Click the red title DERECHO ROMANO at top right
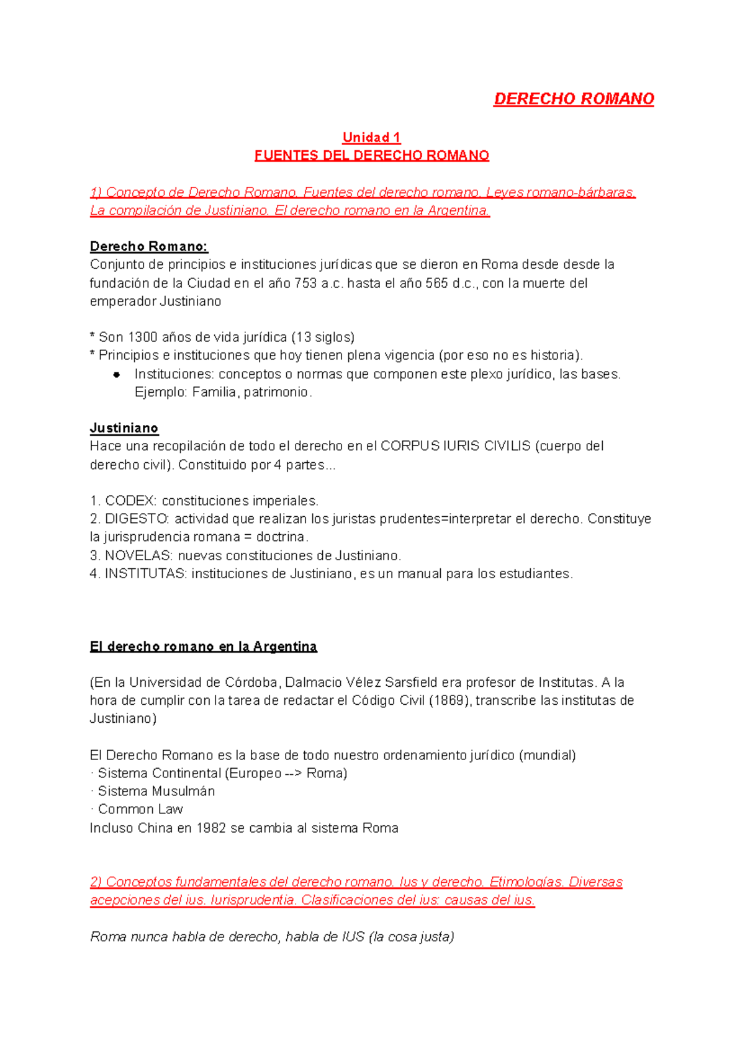point(573,99)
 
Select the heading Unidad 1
point(371,137)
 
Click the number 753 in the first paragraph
point(305,284)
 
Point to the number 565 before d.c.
point(436,284)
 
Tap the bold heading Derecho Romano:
point(149,246)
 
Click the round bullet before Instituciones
point(116,375)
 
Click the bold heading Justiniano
point(124,428)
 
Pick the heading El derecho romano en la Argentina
point(203,646)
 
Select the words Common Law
point(140,810)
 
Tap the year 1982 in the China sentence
point(210,828)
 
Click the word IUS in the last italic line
point(353,937)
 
